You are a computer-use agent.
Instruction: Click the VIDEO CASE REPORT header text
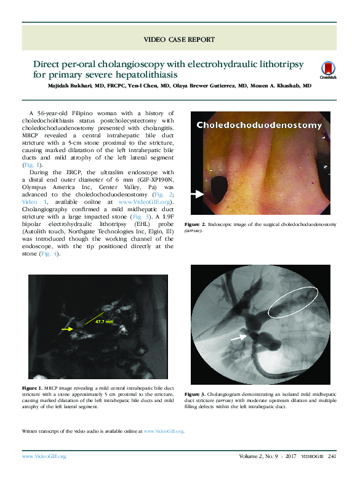coord(179,39)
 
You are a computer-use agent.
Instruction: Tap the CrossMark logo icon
coord(328,70)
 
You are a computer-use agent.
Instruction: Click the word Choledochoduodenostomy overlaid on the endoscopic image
coord(259,126)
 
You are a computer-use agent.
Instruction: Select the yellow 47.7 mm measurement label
coord(104,321)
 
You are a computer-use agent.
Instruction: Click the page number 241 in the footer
coord(332,456)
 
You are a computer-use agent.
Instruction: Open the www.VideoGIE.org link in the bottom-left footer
coord(44,456)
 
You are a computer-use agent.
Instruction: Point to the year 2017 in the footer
coord(292,456)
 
